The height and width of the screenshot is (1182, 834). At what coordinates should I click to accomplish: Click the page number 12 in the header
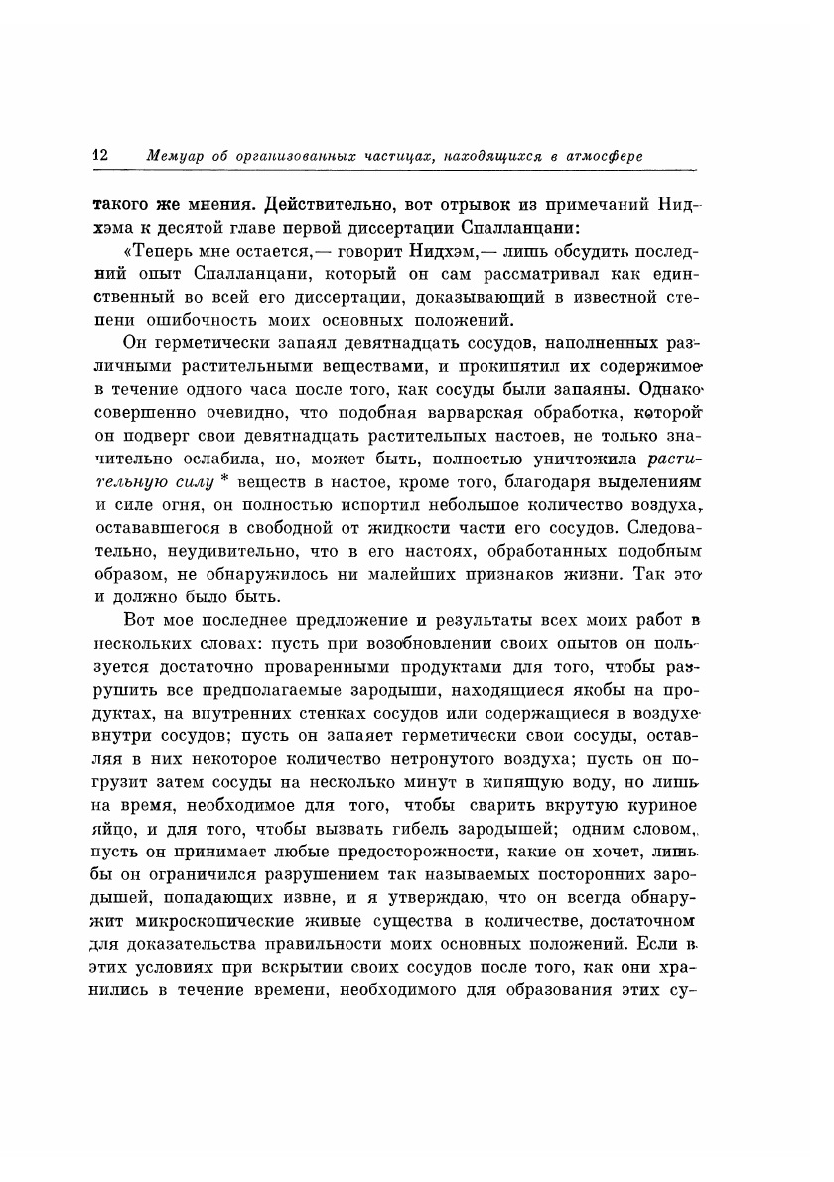point(99,155)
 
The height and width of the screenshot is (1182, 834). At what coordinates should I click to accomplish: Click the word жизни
point(576,574)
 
